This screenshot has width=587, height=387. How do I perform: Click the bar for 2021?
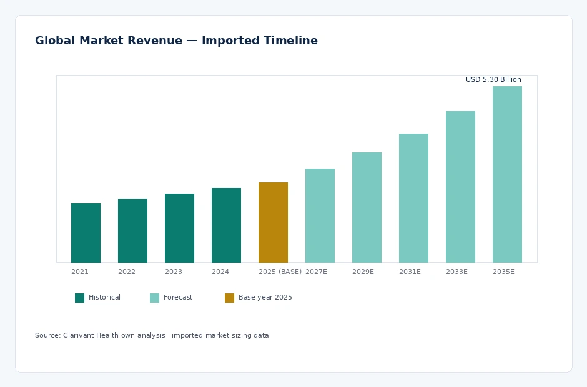click(x=86, y=233)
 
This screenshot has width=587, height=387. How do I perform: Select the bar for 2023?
click(x=179, y=228)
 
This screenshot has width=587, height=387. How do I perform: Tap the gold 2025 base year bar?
click(x=273, y=222)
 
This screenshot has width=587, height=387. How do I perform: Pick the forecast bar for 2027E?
click(x=320, y=215)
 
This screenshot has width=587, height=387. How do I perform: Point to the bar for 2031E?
click(x=413, y=198)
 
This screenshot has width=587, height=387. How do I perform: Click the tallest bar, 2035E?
click(x=507, y=174)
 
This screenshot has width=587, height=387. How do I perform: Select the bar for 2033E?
click(x=460, y=187)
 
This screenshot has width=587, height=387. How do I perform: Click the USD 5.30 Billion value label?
click(x=493, y=79)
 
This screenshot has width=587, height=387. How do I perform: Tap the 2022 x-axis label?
click(x=127, y=272)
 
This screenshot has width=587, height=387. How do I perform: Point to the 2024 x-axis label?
click(x=220, y=272)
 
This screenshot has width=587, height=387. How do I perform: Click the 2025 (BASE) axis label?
click(x=280, y=272)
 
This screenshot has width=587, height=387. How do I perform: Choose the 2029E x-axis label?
click(x=363, y=272)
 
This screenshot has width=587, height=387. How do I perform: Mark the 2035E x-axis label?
click(x=503, y=272)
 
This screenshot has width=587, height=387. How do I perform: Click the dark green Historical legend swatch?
click(x=79, y=298)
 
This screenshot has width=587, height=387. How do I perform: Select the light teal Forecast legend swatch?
click(x=154, y=298)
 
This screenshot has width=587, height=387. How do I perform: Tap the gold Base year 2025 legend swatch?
click(x=229, y=298)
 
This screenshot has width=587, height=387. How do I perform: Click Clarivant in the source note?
click(x=78, y=335)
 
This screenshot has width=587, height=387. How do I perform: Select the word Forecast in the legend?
click(x=178, y=298)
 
